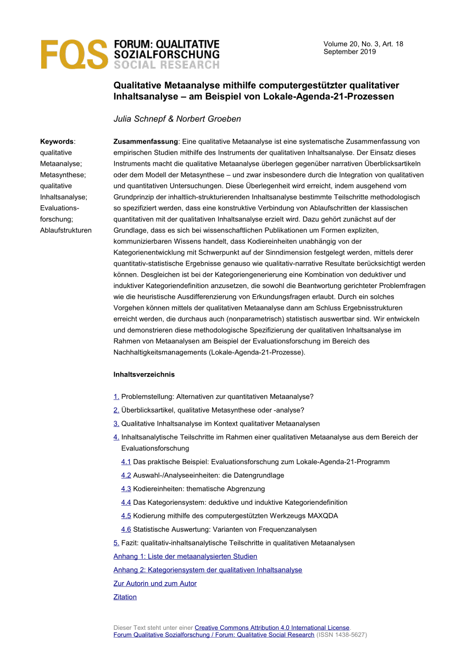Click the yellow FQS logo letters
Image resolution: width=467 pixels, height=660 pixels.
[74, 54]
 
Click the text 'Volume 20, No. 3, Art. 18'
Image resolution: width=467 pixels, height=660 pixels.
[363, 44]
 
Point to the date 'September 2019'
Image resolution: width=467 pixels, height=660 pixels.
[349, 52]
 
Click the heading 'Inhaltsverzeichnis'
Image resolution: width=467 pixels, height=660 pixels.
[144, 375]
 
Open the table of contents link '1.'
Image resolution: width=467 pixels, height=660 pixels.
[116, 397]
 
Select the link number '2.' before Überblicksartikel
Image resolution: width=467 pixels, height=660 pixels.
[116, 410]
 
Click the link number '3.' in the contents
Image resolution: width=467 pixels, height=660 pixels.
[116, 424]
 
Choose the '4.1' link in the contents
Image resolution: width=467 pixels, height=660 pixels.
[126, 462]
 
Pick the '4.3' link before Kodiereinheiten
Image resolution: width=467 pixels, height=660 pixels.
[126, 489]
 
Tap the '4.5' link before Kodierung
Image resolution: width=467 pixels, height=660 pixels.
[126, 516]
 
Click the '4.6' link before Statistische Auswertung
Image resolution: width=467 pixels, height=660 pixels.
[126, 529]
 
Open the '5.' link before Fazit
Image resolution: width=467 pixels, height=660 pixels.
[116, 543]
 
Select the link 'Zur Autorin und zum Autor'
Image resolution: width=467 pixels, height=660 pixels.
[155, 583]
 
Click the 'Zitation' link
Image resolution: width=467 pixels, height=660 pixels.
[125, 597]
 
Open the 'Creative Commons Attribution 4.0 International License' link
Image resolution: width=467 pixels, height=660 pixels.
[272, 627]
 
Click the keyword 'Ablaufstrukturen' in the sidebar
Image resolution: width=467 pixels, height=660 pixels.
[66, 230]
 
